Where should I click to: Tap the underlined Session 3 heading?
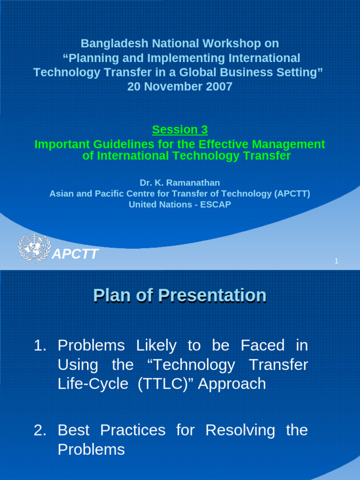tap(180, 129)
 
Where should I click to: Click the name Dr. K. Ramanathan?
tap(180, 183)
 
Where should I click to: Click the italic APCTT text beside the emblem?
tap(75, 255)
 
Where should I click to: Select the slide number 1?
tap(336, 261)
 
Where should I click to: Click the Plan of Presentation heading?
tap(180, 295)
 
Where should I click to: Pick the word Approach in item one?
tap(232, 384)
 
